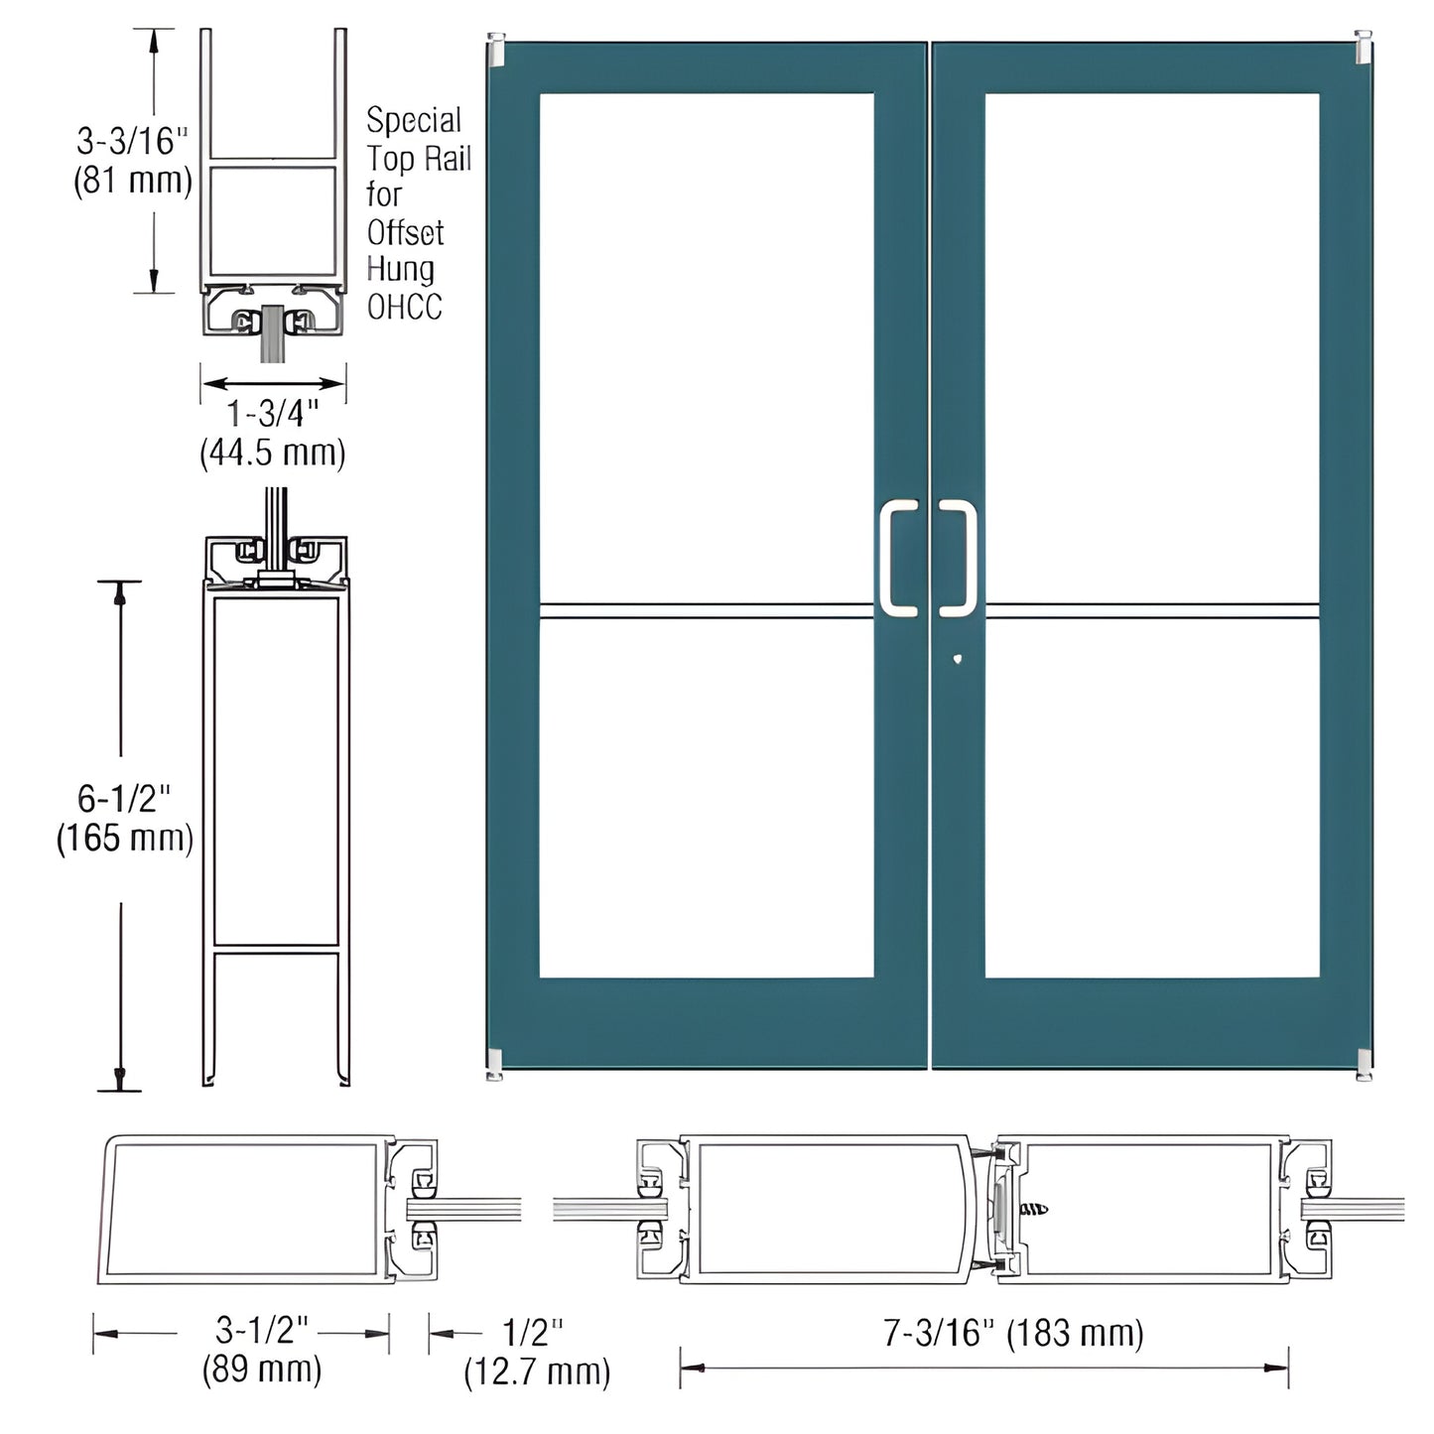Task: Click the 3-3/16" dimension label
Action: [x=132, y=141]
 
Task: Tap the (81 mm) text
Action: [x=133, y=181]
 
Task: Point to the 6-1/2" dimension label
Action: [x=124, y=798]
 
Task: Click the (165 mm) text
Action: [x=124, y=838]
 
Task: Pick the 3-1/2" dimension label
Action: [x=262, y=1330]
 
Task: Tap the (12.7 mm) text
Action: [x=537, y=1371]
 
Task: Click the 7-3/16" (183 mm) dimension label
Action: [x=1013, y=1333]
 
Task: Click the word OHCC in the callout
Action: [x=404, y=307]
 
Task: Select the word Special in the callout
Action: [x=414, y=120]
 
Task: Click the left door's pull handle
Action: [x=898, y=558]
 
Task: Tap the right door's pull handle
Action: [x=958, y=558]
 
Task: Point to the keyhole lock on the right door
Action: [x=955, y=657]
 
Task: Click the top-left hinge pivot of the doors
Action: [x=496, y=51]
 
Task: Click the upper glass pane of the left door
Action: [x=706, y=347]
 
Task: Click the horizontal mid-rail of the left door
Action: [x=706, y=610]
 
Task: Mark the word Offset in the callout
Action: [x=405, y=232]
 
